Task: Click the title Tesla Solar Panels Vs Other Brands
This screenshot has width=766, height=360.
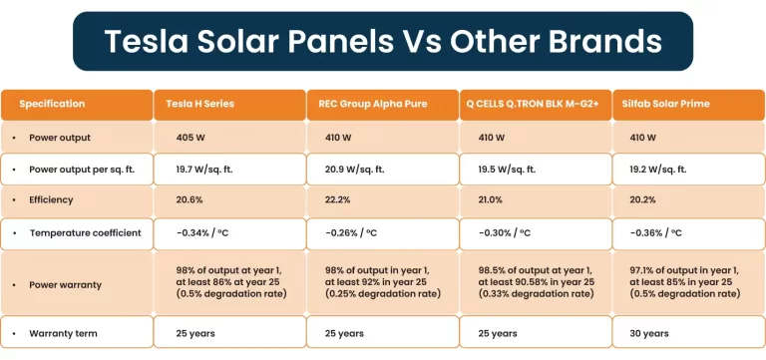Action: [x=383, y=41]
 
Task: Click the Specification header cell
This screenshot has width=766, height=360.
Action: [x=52, y=104]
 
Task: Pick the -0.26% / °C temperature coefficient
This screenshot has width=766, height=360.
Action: [x=352, y=232]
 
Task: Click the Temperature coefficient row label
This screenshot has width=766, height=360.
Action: [x=85, y=232]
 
